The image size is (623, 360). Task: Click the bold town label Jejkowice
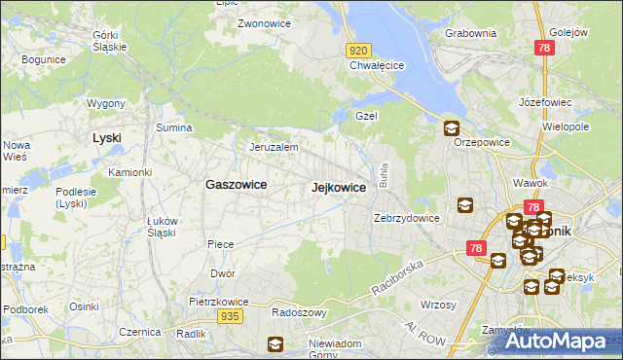click(339, 187)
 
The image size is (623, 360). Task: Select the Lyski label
click(106, 137)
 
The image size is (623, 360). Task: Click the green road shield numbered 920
click(358, 50)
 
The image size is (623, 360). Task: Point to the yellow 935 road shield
click(230, 316)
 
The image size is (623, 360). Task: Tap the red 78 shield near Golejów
click(544, 47)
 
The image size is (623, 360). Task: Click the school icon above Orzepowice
click(452, 127)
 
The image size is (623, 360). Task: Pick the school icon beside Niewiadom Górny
click(276, 343)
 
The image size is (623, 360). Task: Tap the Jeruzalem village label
click(274, 147)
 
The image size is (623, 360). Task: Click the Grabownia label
click(470, 33)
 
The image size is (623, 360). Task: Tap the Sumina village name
click(174, 127)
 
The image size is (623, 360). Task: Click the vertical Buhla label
click(385, 176)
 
